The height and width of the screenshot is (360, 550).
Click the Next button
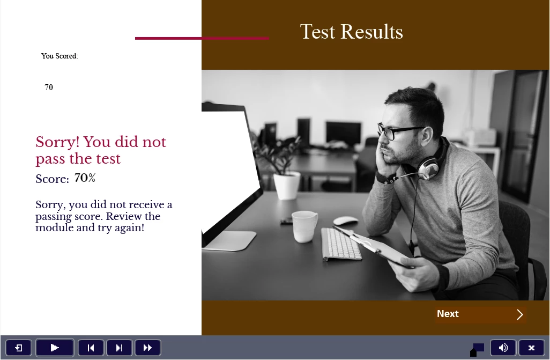pos(480,314)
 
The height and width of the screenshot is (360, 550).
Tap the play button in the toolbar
pos(55,348)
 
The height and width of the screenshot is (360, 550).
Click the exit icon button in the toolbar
pos(19,348)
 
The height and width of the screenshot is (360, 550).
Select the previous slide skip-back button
pos(91,348)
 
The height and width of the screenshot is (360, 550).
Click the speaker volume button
pos(503,348)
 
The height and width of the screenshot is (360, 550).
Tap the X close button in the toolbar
pos(531,348)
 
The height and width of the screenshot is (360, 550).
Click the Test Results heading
pos(352,32)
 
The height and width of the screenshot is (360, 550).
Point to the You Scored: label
pos(60,56)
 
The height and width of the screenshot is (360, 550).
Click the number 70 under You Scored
pos(49,87)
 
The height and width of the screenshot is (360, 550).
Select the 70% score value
pos(85,178)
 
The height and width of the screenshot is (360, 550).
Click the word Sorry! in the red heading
pos(57,142)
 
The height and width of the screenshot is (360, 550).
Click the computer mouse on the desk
pos(346,221)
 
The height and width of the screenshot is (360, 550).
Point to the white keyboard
pos(341,244)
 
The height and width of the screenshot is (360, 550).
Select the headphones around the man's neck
pos(426,160)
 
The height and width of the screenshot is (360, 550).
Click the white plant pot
pos(287,186)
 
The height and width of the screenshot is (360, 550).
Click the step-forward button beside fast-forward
pos(119,348)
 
